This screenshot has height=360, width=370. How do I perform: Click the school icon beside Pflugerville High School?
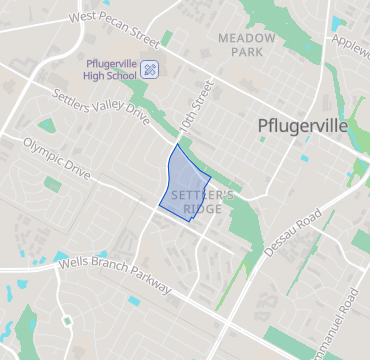pyautogui.click(x=150, y=69)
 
